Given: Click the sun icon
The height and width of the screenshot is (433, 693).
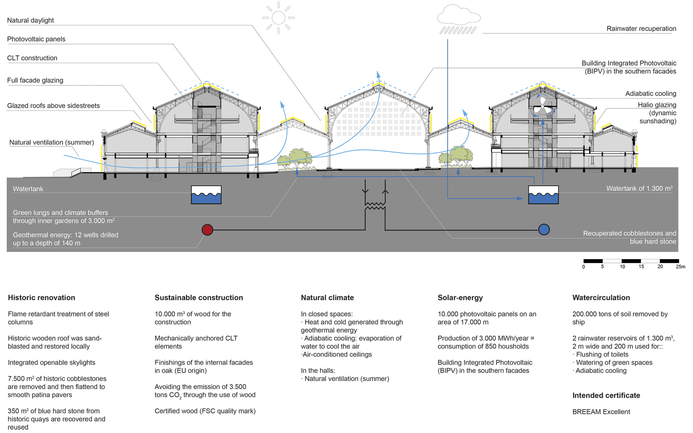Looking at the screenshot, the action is pyautogui.click(x=278, y=18).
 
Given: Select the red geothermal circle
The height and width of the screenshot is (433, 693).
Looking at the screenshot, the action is pyautogui.click(x=207, y=230).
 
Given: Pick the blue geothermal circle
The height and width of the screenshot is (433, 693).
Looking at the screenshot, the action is pyautogui.click(x=544, y=230).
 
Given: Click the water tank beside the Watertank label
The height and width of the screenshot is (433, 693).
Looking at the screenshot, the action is pyautogui.click(x=206, y=195).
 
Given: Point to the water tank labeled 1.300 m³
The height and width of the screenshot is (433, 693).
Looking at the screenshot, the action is pyautogui.click(x=544, y=195).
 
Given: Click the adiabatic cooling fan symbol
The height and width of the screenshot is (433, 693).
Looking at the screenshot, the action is pyautogui.click(x=543, y=106).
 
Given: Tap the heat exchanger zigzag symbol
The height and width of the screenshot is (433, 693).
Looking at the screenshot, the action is pyautogui.click(x=375, y=206).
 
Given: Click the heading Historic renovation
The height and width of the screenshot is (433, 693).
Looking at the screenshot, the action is pyautogui.click(x=42, y=298).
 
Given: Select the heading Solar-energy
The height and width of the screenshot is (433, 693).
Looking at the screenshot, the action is pyautogui.click(x=460, y=298).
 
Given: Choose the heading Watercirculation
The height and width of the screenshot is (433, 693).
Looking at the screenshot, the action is pyautogui.click(x=601, y=298).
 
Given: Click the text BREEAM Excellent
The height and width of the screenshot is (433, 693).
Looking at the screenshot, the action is pyautogui.click(x=601, y=412).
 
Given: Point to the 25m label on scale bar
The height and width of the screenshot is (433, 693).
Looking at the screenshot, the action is pyautogui.click(x=680, y=267).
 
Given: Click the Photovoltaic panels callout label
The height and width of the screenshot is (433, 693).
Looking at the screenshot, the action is pyautogui.click(x=36, y=39).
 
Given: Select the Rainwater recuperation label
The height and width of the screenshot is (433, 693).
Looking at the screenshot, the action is pyautogui.click(x=641, y=29).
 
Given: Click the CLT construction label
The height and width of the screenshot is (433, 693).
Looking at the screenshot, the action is pyautogui.click(x=32, y=58).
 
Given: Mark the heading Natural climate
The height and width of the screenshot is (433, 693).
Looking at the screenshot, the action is pyautogui.click(x=327, y=298).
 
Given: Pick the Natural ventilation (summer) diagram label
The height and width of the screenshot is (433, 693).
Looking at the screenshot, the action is pyautogui.click(x=52, y=142).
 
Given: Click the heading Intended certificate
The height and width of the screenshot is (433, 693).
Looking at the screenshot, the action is pyautogui.click(x=606, y=396).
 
